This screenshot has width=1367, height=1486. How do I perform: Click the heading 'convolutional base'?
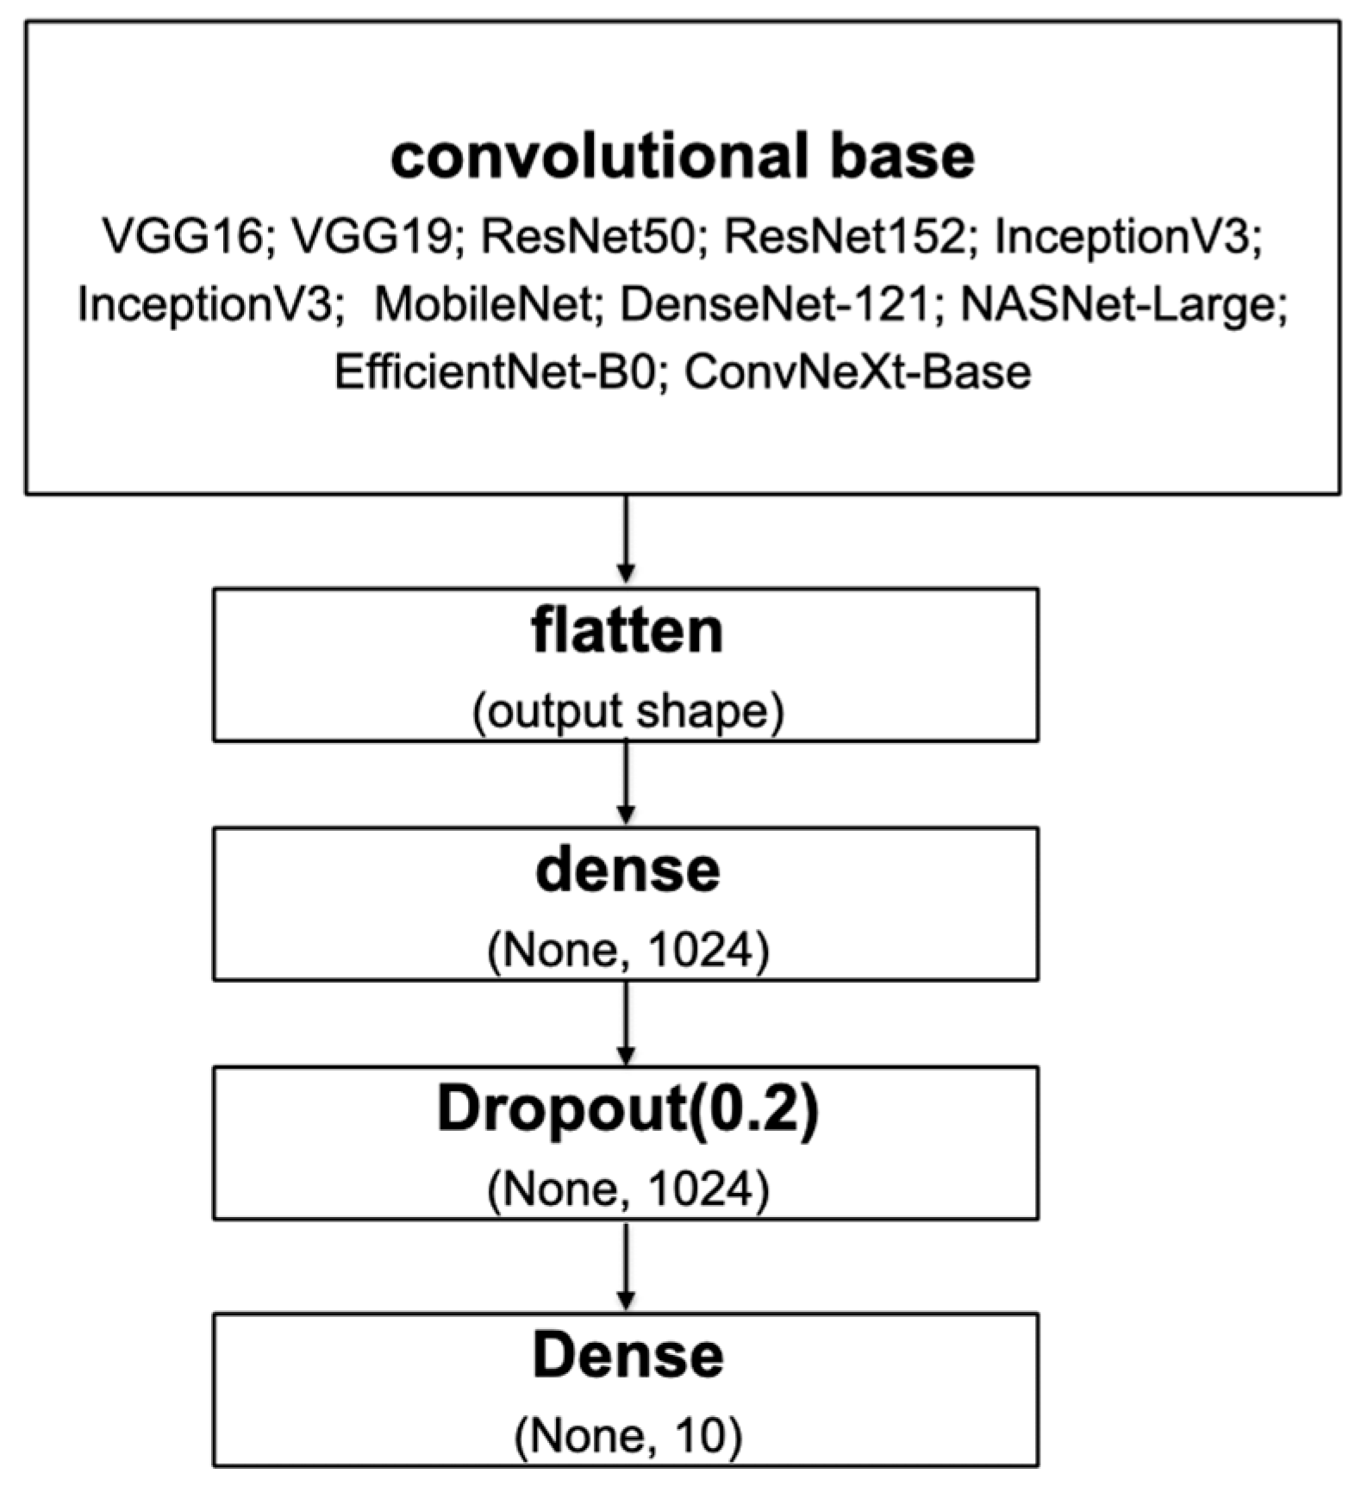pyautogui.click(x=683, y=157)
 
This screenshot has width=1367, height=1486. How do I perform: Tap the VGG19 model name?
pyautogui.click(x=371, y=236)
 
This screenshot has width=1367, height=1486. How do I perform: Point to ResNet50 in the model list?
pyautogui.click(x=587, y=236)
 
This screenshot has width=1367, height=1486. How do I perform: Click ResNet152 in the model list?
pyautogui.click(x=843, y=236)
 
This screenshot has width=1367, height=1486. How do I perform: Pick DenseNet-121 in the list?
pyautogui.click(x=776, y=304)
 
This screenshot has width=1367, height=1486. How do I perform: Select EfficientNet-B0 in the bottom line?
pyautogui.click(x=495, y=372)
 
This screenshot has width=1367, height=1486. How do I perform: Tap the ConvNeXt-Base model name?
pyautogui.click(x=858, y=372)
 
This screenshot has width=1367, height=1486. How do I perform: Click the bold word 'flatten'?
pyautogui.click(x=627, y=632)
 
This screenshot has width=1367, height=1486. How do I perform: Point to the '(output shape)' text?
pyautogui.click(x=627, y=712)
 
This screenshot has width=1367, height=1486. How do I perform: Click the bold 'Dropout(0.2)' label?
pyautogui.click(x=627, y=1109)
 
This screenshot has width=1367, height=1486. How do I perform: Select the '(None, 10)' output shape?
pyautogui.click(x=627, y=1435)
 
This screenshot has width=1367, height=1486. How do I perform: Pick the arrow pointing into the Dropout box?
pyautogui.click(x=627, y=1022)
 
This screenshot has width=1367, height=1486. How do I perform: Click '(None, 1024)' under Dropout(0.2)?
pyautogui.click(x=627, y=1190)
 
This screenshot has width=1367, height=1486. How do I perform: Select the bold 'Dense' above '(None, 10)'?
pyautogui.click(x=627, y=1356)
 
